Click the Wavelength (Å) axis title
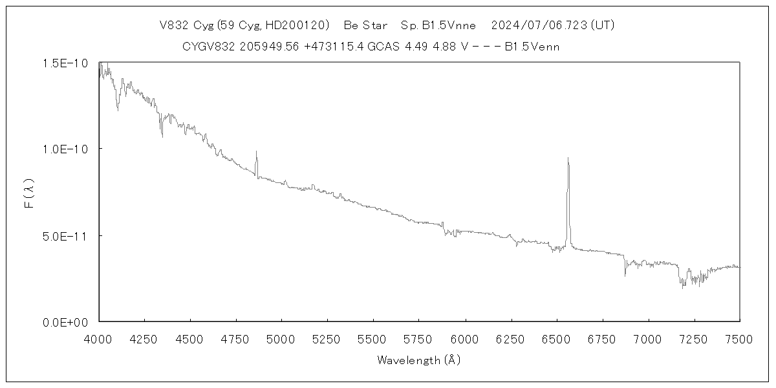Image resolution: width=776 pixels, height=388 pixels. [x=419, y=360]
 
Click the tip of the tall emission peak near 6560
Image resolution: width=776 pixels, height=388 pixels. [x=568, y=158]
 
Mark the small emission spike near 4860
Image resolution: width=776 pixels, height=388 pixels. [x=256, y=152]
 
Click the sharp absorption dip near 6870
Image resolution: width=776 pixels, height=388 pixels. [x=625, y=275]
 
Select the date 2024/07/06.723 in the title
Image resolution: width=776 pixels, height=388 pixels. [x=538, y=25]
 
